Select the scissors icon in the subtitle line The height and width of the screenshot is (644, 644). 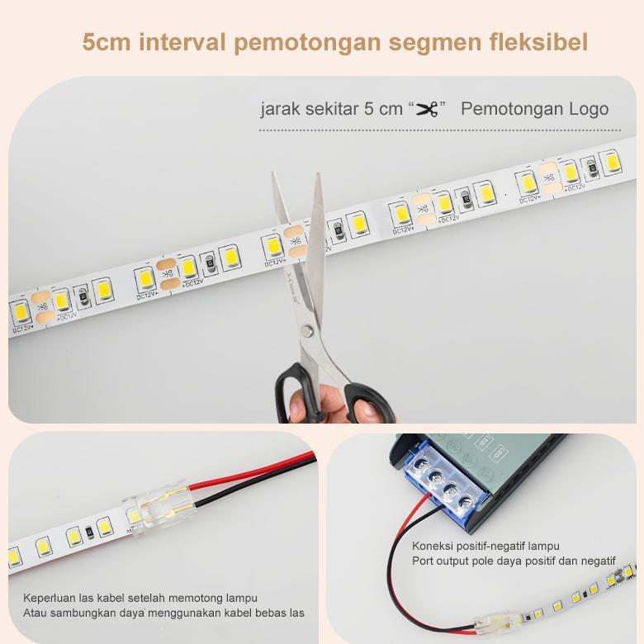click(426, 110)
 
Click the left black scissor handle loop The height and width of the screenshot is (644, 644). click(291, 387)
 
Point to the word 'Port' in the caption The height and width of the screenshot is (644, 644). click(424, 561)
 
